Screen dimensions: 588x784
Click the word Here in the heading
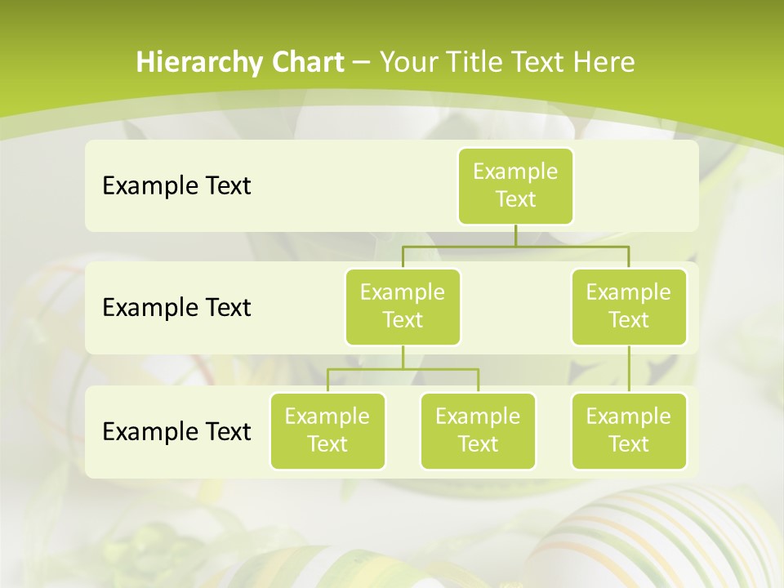pos(604,63)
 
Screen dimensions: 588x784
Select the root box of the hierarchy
pos(515,185)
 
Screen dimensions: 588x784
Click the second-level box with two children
pos(403,306)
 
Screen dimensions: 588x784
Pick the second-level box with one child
pos(629,306)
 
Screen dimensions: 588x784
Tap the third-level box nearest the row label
pos(327,430)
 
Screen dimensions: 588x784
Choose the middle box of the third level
pos(478,430)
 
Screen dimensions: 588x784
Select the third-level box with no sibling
pos(629,430)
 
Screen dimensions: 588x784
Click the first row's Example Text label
pos(176,186)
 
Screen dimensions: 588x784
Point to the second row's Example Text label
pos(176,308)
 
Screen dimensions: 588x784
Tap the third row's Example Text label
pos(176,431)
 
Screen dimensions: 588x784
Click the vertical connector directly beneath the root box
pos(515,235)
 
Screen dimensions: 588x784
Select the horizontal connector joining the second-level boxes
pos(515,246)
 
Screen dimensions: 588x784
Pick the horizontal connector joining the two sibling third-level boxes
pos(403,369)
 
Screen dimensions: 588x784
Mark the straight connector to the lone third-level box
pos(629,369)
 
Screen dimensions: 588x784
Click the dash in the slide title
pos(362,63)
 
